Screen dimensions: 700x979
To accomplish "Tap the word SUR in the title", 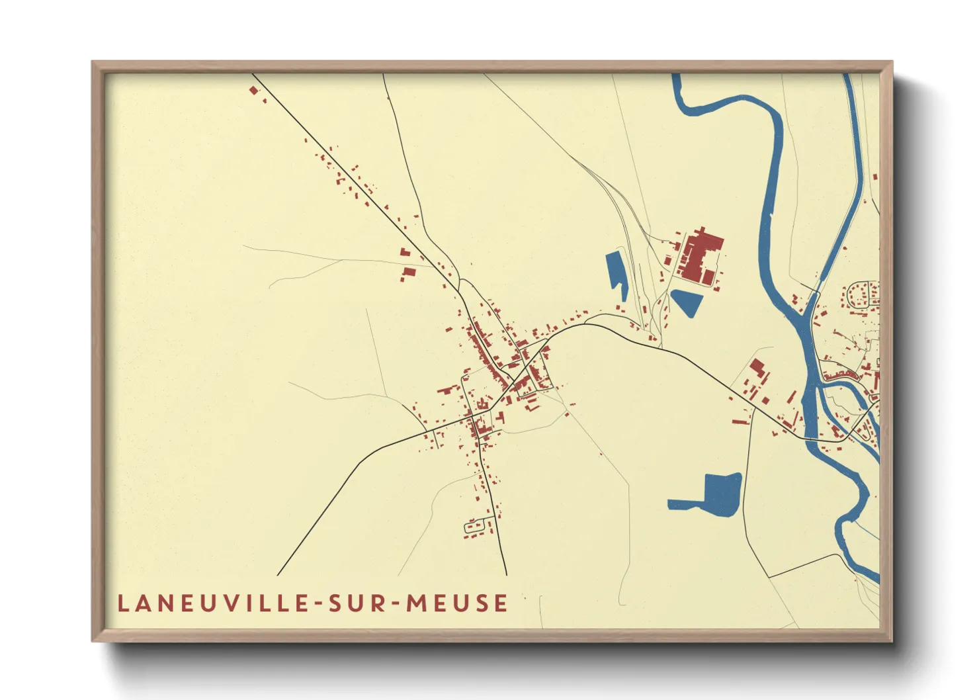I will [355, 603].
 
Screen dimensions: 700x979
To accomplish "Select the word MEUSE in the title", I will [457, 603].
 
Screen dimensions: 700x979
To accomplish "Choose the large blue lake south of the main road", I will [720, 493].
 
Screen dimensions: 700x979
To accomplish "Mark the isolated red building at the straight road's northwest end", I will [253, 90].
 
